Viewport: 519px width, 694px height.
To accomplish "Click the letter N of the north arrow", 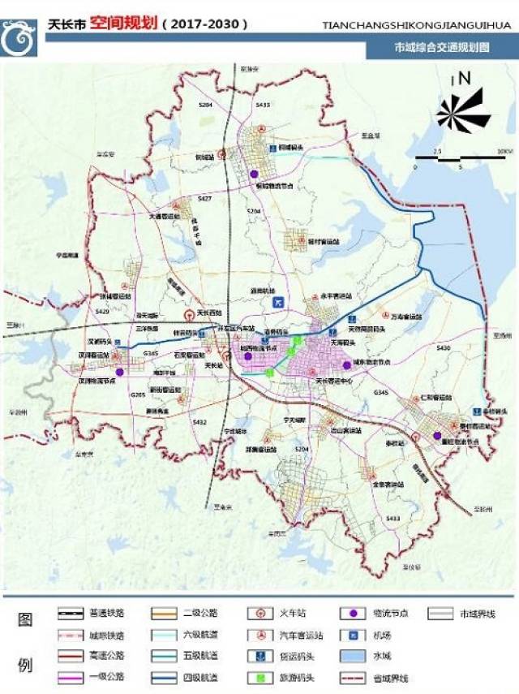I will pos(465,79).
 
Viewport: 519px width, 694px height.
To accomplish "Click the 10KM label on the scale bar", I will pos(504,152).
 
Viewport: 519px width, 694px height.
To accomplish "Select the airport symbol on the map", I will pos(278,302).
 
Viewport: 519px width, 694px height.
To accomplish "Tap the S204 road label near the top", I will pos(205,106).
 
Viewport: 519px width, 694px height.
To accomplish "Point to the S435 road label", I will pos(261,106).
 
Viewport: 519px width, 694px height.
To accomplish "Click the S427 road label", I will pos(204,198).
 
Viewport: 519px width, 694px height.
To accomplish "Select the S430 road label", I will pos(442,347).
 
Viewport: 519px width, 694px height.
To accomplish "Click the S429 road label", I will pos(102,311).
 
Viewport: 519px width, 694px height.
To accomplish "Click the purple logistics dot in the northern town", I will pos(255,174).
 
